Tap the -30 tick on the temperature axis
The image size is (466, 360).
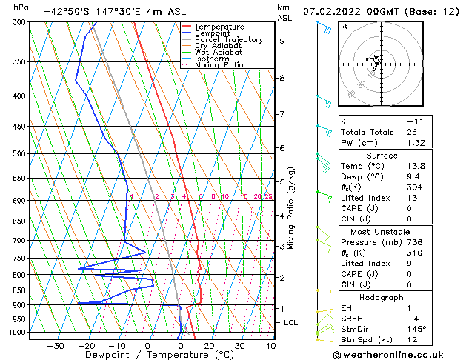(x=55, y=346)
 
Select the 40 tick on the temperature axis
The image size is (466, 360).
(x=270, y=346)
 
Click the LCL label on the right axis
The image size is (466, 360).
(x=291, y=323)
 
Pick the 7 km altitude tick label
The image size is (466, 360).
(x=282, y=114)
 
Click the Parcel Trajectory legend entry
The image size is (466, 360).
(x=228, y=39)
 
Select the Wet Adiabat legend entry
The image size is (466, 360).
(x=219, y=52)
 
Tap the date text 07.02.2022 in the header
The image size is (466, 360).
(x=329, y=12)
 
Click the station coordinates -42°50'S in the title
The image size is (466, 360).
(x=66, y=12)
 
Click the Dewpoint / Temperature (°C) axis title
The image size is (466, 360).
(x=149, y=356)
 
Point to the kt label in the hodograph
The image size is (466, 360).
(x=344, y=27)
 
